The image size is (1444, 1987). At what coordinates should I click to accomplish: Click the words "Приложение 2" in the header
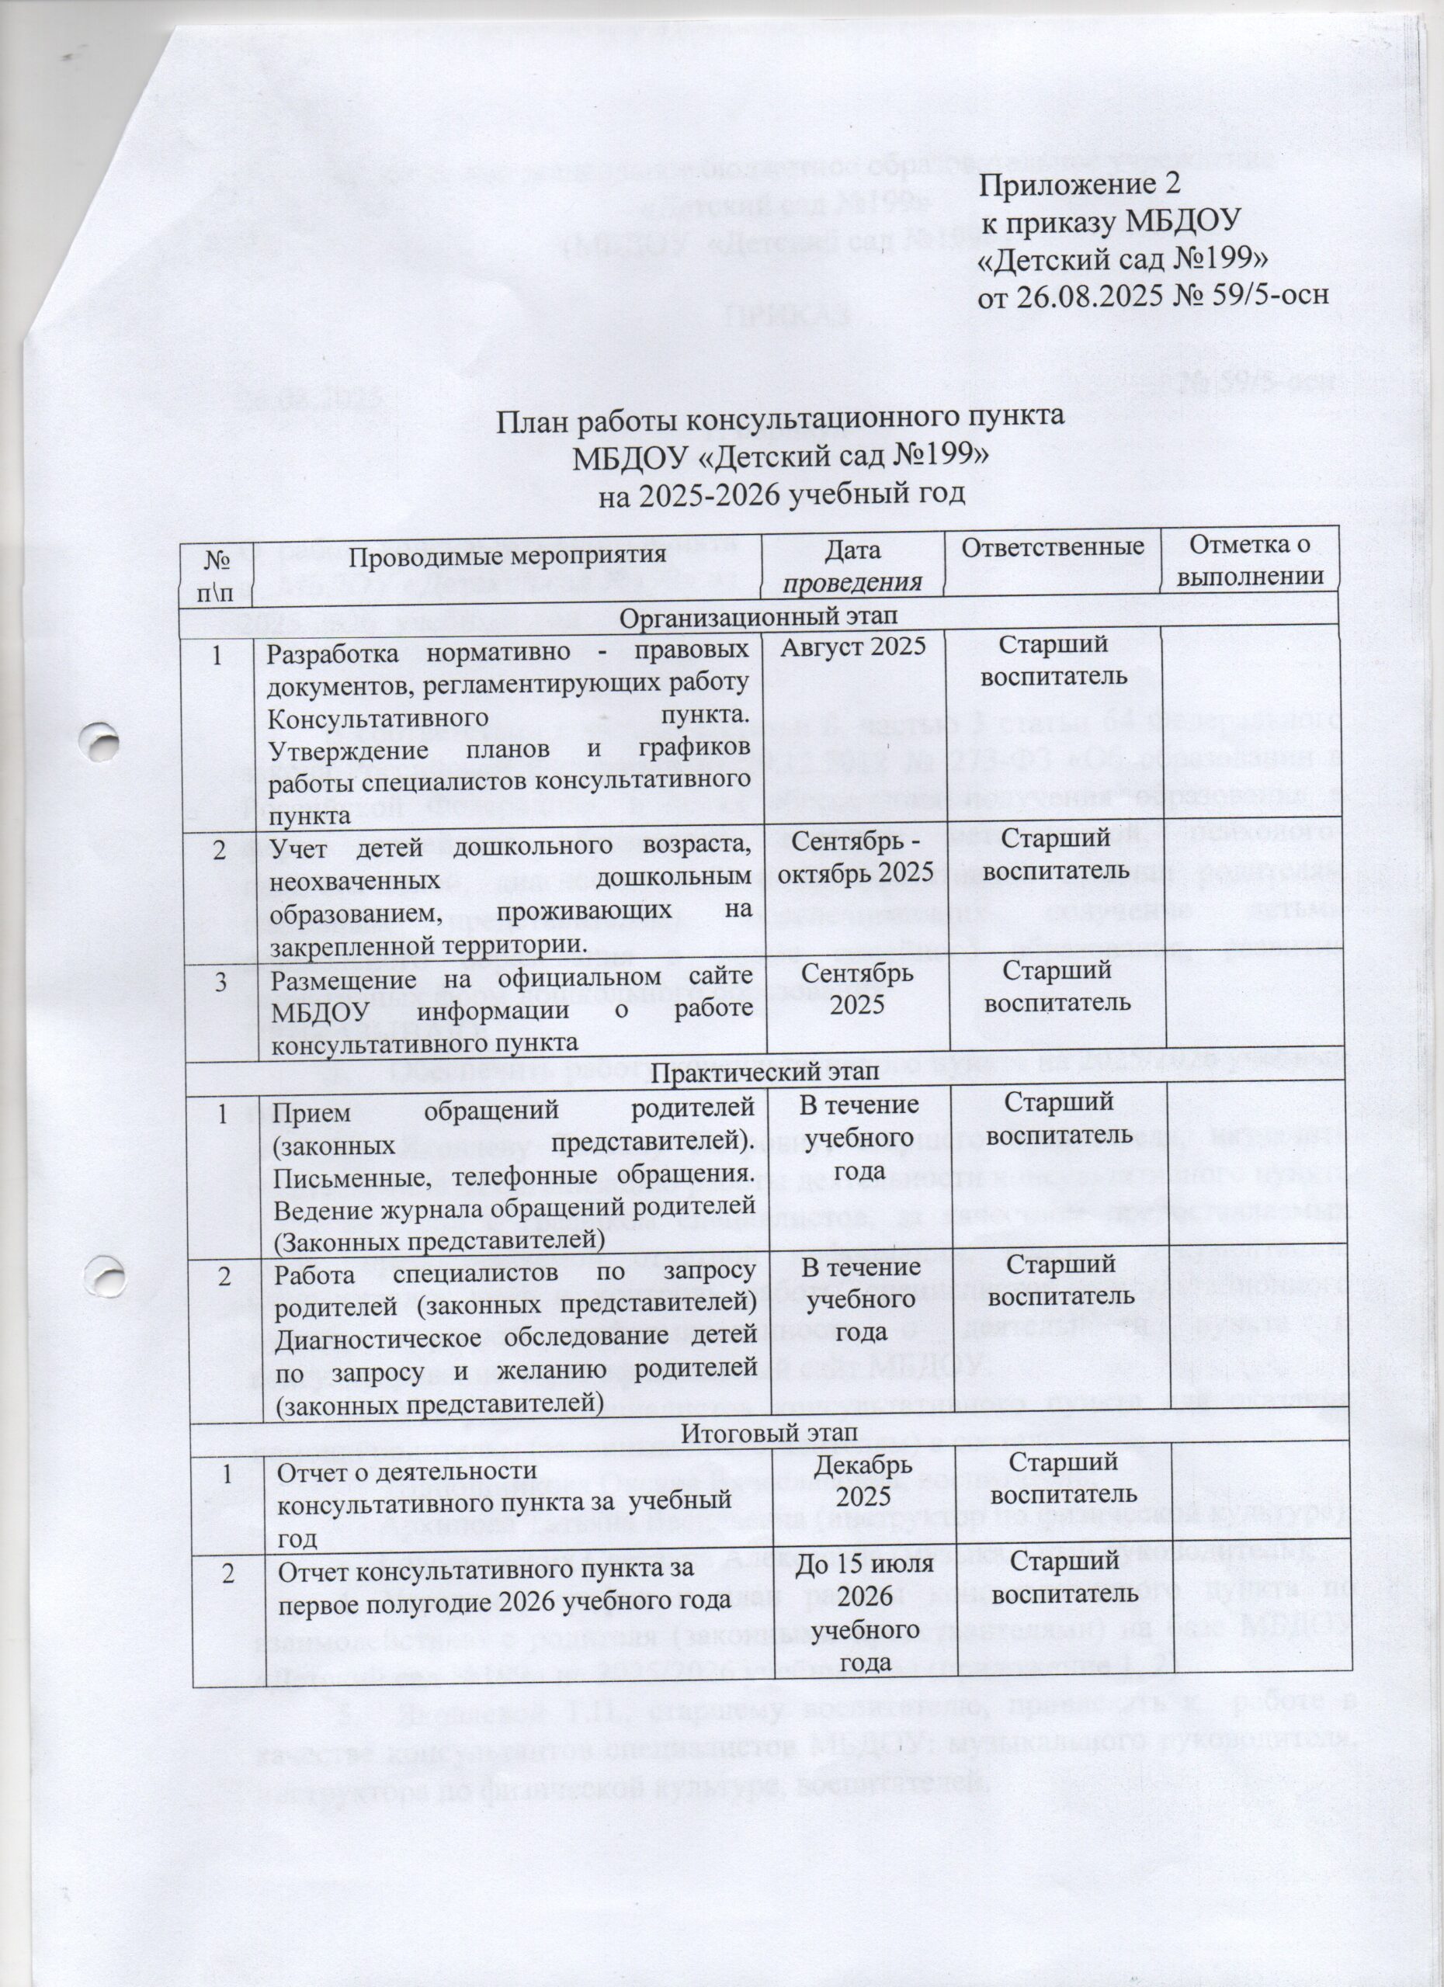(1079, 186)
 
